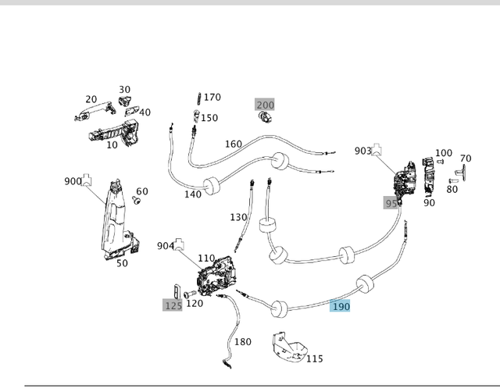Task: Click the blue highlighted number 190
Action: [340, 306]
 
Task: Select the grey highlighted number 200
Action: [265, 105]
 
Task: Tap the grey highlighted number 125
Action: [173, 305]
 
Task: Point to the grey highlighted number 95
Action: [391, 203]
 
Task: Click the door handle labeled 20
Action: [95, 111]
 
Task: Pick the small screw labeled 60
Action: [137, 200]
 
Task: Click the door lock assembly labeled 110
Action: [218, 276]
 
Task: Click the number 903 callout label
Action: [363, 151]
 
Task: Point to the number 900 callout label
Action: [73, 181]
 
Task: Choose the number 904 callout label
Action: [166, 246]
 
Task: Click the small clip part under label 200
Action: [265, 117]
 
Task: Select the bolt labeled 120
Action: [190, 294]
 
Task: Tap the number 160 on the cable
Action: [234, 144]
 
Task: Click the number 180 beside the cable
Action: [243, 342]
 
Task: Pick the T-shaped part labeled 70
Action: [460, 172]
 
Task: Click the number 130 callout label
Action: [238, 217]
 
